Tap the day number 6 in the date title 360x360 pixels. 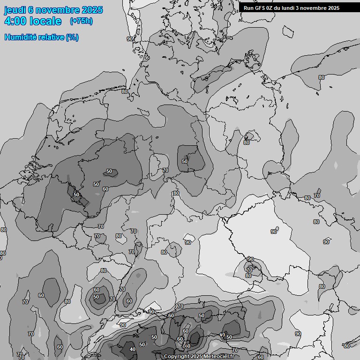(x=30, y=10)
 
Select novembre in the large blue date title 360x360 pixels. (x=57, y=10)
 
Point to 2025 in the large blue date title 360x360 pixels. (x=91, y=10)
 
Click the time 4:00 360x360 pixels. (x=18, y=21)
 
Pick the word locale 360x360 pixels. (x=48, y=21)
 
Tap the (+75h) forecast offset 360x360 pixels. (x=81, y=21)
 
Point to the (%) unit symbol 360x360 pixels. (x=72, y=37)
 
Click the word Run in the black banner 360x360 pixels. (x=249, y=8)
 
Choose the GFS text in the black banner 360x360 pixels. (x=261, y=8)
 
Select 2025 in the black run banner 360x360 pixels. (x=334, y=8)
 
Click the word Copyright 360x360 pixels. (x=177, y=357)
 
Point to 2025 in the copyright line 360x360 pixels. (x=196, y=357)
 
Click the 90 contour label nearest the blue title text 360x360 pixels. (x=130, y=39)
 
